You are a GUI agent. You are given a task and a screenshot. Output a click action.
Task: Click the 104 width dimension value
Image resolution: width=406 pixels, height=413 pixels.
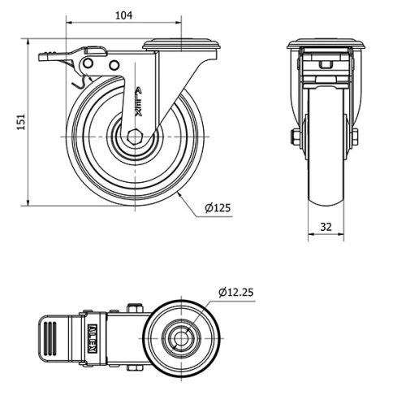[124, 15]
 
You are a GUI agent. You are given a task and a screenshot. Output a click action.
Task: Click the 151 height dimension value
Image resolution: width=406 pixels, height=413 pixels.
[21, 122]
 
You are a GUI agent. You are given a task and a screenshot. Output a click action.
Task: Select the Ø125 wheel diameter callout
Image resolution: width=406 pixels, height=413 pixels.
[218, 208]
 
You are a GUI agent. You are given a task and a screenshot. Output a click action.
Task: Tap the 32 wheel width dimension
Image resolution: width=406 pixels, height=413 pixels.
[326, 227]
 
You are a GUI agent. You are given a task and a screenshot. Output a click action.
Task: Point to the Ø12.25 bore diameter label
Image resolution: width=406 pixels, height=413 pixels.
[236, 293]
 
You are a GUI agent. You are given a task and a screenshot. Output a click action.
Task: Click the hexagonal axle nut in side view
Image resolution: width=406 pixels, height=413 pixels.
[135, 136]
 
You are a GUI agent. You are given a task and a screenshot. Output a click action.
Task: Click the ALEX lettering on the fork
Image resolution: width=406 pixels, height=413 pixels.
[138, 102]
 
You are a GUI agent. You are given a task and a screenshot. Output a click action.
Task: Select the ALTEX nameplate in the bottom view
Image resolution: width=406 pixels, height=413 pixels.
[93, 338]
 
